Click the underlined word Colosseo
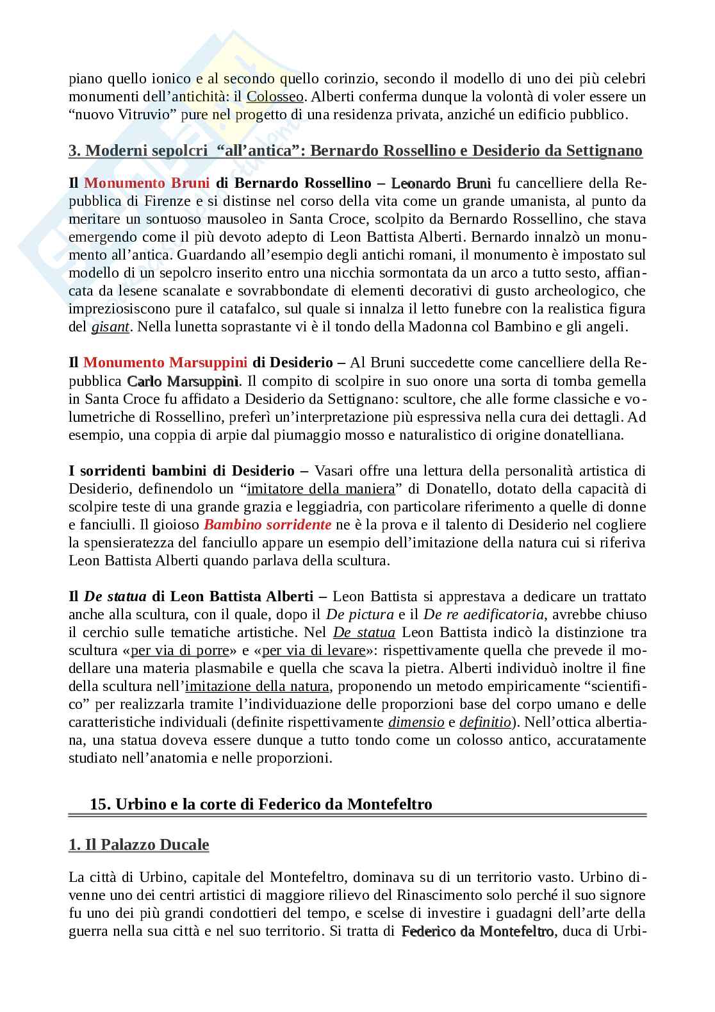pyautogui.click(x=274, y=97)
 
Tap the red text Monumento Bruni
pyautogui.click(x=147, y=183)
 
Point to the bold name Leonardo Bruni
pyautogui.click(x=441, y=183)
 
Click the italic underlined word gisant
pyautogui.click(x=111, y=327)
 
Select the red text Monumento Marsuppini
pyautogui.click(x=164, y=363)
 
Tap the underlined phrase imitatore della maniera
pyautogui.click(x=321, y=489)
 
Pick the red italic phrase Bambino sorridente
pyautogui.click(x=267, y=525)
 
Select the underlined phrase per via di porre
pyautogui.click(x=180, y=651)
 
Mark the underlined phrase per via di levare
pyautogui.click(x=313, y=651)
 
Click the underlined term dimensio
pyautogui.click(x=416, y=722)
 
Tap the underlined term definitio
pyautogui.click(x=485, y=722)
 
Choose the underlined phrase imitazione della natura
pyautogui.click(x=257, y=686)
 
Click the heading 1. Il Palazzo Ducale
pyautogui.click(x=139, y=845)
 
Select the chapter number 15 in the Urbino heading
pyautogui.click(x=99, y=804)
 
